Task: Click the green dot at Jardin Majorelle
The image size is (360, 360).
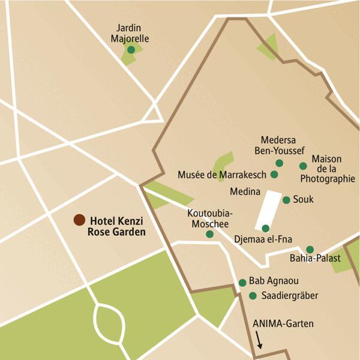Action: tap(131, 50)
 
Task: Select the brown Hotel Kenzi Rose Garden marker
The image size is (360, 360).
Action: tap(79, 220)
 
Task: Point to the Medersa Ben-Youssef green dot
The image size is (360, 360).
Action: tap(279, 163)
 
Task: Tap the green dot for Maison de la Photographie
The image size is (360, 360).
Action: tap(303, 166)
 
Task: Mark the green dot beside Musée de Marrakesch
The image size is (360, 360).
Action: tap(274, 175)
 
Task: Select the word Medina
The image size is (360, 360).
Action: tap(245, 193)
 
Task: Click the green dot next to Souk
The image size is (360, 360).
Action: tap(286, 200)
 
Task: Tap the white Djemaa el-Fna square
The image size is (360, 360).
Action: tap(268, 210)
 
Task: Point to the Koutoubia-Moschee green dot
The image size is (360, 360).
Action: tap(209, 234)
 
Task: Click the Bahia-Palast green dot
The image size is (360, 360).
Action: tap(310, 250)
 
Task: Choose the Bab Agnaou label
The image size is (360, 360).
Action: tap(274, 281)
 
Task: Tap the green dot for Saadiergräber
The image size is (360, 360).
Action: tap(253, 295)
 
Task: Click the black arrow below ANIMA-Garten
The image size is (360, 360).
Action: tap(259, 342)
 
